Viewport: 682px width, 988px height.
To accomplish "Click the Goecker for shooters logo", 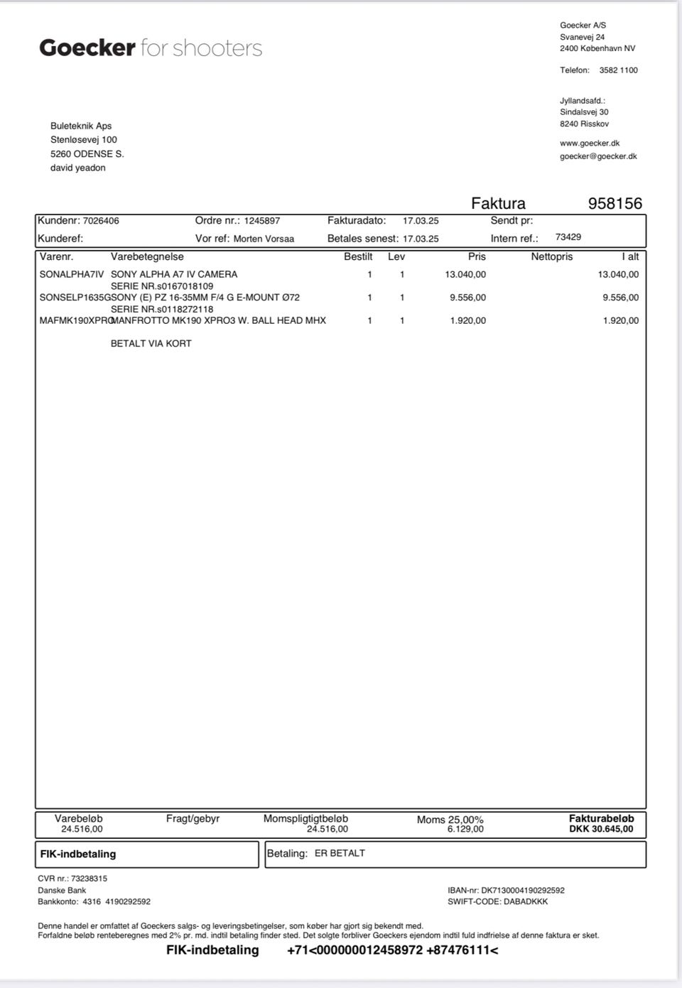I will (151, 48).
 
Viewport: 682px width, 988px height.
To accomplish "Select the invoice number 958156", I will (615, 204).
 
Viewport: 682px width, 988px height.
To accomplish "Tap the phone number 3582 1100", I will (618, 70).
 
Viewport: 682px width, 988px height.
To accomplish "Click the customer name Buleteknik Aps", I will (81, 126).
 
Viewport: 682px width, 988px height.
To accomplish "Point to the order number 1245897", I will (262, 221).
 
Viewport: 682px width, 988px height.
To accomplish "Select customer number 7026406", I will (101, 221).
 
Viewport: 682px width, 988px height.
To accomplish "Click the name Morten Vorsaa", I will (264, 239).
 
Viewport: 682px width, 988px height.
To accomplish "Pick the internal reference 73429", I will (568, 237).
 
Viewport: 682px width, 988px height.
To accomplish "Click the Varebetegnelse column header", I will (147, 256).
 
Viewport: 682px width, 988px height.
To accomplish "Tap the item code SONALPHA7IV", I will (72, 274).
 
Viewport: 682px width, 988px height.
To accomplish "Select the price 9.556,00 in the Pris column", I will (467, 298).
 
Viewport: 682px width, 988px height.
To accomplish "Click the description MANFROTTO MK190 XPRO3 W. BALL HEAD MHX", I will (219, 320).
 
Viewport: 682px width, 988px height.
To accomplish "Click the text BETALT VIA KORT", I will (151, 343).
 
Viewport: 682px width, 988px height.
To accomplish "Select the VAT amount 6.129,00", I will (465, 829).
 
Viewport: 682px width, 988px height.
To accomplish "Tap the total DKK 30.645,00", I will (601, 829).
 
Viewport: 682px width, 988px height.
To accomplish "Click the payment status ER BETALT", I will (340, 853).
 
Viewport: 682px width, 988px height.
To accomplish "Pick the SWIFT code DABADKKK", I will (526, 901).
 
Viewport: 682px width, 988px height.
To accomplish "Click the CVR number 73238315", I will (89, 879).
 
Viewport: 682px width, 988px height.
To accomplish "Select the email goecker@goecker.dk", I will (598, 156).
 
